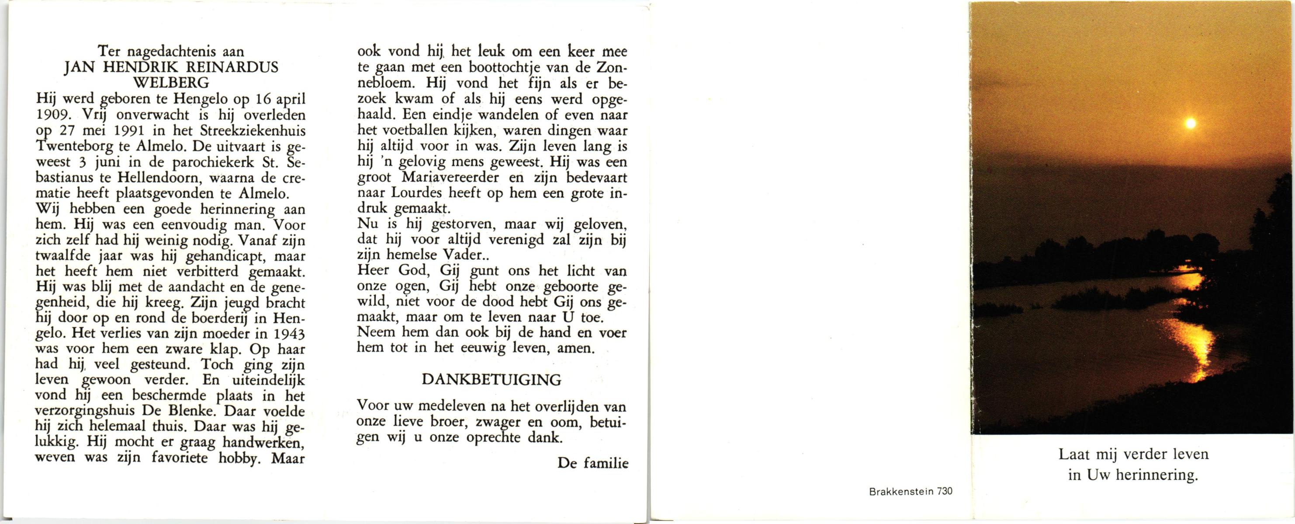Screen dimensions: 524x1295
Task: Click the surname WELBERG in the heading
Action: pos(171,83)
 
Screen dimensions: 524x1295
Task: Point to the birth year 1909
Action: pos(54,114)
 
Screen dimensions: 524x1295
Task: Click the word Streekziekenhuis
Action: pos(253,131)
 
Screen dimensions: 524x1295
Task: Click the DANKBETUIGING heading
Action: pos(491,380)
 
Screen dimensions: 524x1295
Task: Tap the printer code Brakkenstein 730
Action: pos(911,491)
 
